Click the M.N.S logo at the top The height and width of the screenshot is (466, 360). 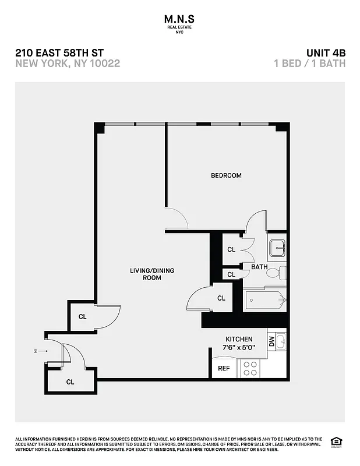[x=179, y=22]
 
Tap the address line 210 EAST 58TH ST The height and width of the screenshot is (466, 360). [x=60, y=53]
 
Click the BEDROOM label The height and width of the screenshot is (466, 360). [x=226, y=175]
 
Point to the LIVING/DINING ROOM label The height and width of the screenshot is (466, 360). [x=151, y=274]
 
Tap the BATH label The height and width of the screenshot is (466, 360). [x=259, y=267]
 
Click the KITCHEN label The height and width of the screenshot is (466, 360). [x=239, y=339]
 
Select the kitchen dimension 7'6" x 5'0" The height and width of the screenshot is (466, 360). [x=239, y=348]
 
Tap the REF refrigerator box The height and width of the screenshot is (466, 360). [x=224, y=368]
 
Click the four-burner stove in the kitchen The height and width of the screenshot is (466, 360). [x=250, y=368]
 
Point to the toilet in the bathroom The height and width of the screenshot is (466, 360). [x=281, y=273]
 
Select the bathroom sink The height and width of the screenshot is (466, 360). [x=277, y=248]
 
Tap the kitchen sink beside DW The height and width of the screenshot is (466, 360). [x=280, y=341]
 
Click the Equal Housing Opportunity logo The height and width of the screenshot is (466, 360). [x=336, y=441]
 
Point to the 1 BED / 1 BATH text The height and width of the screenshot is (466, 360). [x=309, y=63]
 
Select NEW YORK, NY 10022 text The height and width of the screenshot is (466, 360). [x=68, y=63]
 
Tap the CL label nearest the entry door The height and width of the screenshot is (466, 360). [x=70, y=382]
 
